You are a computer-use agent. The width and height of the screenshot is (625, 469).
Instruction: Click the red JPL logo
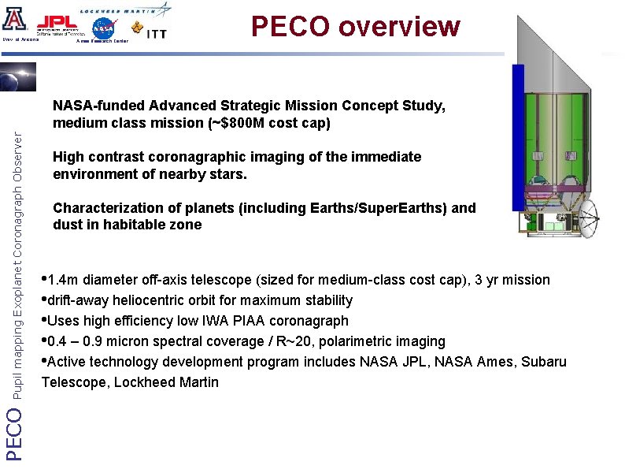coord(57,21)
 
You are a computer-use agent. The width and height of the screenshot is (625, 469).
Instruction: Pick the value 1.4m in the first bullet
coord(64,280)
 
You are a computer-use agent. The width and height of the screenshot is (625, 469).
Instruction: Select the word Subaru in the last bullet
coord(545,362)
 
